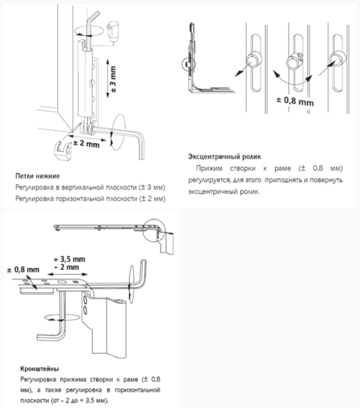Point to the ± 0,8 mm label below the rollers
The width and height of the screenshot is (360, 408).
coord(294,101)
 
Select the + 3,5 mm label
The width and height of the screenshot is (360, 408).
coord(69,259)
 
